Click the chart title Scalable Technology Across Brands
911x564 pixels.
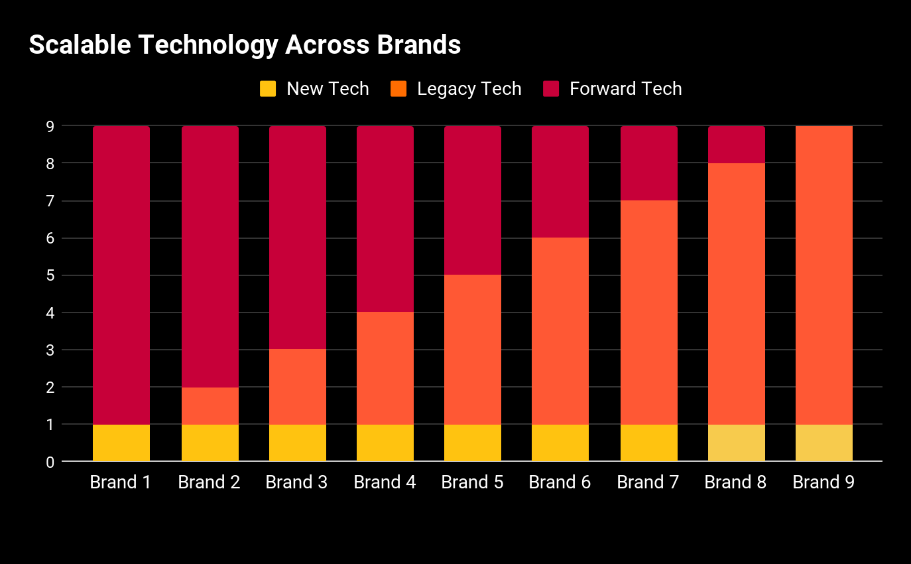click(x=245, y=45)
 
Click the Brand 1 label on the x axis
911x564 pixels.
click(x=121, y=482)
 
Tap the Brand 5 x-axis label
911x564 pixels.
click(x=472, y=482)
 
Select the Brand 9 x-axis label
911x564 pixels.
click(x=823, y=482)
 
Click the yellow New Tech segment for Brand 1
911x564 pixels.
click(x=121, y=443)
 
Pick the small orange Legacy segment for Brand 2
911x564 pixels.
click(x=210, y=405)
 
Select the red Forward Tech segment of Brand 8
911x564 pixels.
click(x=737, y=145)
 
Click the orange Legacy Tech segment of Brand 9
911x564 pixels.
click(x=824, y=275)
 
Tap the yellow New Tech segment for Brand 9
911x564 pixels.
click(x=824, y=443)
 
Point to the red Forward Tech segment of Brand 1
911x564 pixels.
click(x=121, y=275)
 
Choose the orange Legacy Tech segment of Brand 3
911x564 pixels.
click(x=298, y=387)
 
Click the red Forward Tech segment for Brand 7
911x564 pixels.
click(x=649, y=163)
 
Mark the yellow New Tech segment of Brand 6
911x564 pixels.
click(x=560, y=443)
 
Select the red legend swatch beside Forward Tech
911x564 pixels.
click(x=551, y=89)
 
